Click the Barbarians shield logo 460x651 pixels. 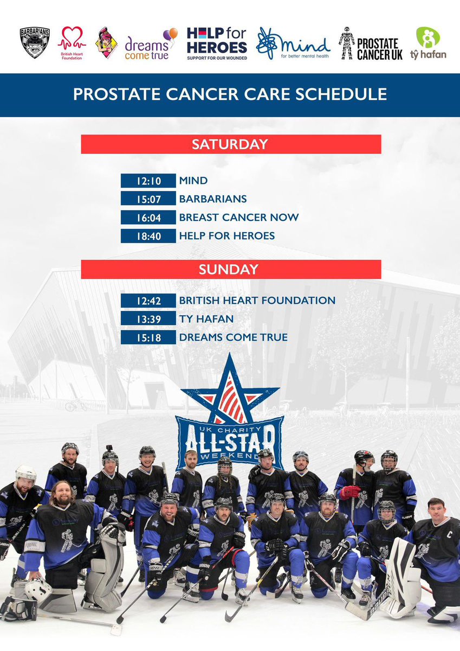tap(35, 43)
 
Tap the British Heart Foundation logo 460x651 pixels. tap(71, 43)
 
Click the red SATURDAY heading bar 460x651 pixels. tap(231, 144)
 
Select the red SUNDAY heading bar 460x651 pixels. tap(231, 270)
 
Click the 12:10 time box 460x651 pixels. tap(148, 181)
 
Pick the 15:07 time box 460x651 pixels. tap(148, 199)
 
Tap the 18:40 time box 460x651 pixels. tap(148, 236)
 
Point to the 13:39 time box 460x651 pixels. tap(148, 318)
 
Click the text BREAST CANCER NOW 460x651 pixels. tap(239, 218)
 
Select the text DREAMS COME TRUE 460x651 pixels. tap(234, 337)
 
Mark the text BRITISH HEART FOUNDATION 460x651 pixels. tap(257, 300)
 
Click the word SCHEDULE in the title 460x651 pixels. tap(345, 94)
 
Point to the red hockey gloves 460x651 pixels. tap(349, 492)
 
